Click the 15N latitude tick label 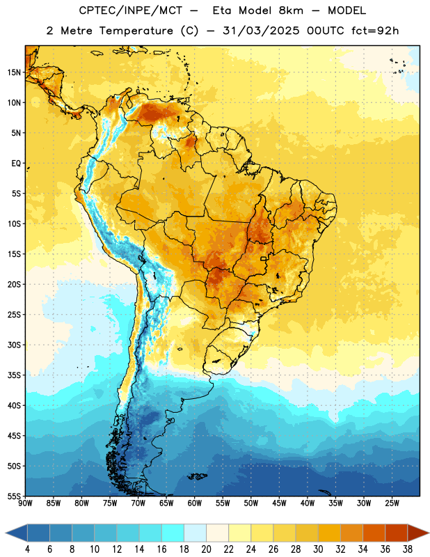pos(14,72)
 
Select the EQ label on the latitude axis pos(16,164)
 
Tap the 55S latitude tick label pos(14,496)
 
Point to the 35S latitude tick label pos(14,375)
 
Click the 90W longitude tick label pos(25,503)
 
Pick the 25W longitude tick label pos(392,503)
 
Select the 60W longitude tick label pos(195,503)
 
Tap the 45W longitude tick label pos(280,503)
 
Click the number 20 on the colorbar pos(206,549)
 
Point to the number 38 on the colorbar pos(407,549)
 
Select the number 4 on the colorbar pos(27,549)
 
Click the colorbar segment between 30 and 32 pos(329,533)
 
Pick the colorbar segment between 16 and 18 pos(173,533)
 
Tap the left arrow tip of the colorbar pos(6,533)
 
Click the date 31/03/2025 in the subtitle pos(261,31)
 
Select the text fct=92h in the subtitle pos(375,31)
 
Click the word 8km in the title pos(291,10)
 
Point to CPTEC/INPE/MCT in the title pos(131,10)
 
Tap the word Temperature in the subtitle pos(136,31)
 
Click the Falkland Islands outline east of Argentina pos(197,476)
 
